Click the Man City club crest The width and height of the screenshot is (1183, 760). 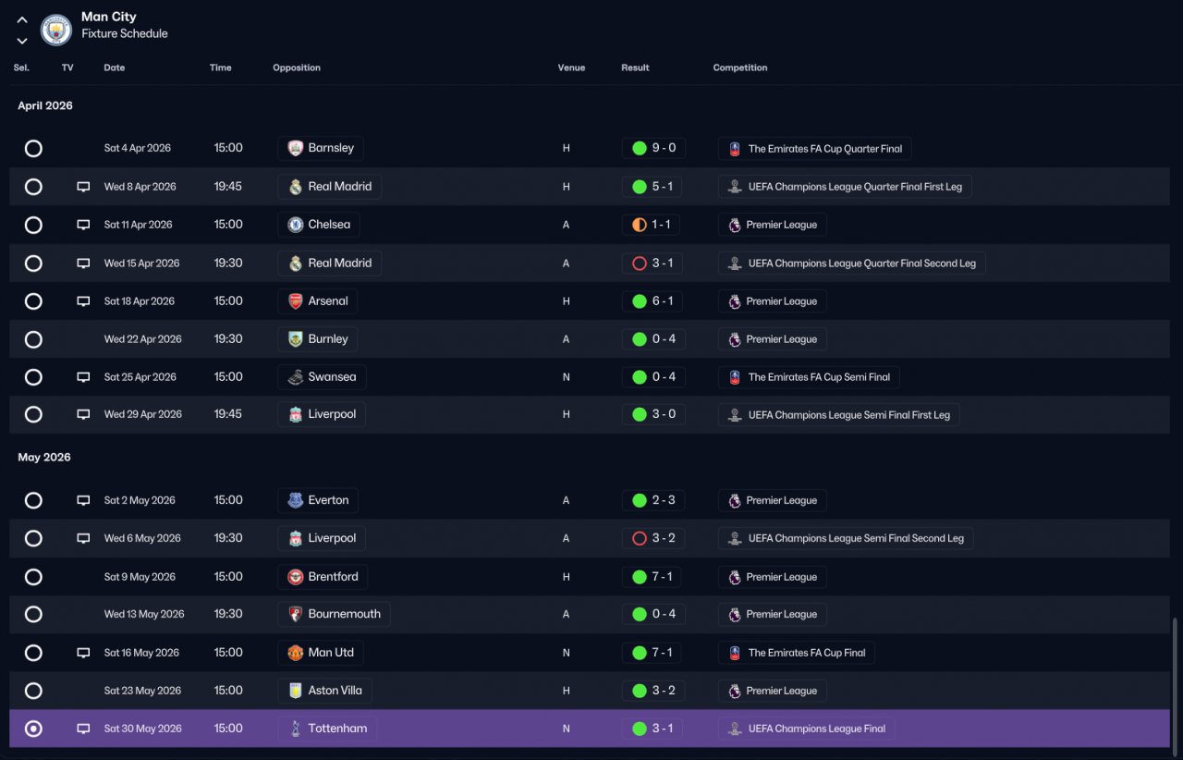[x=56, y=30]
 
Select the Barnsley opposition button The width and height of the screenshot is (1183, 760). [x=321, y=148]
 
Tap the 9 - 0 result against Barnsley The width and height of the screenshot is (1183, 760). [x=653, y=148]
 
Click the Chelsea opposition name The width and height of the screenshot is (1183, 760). [x=329, y=225]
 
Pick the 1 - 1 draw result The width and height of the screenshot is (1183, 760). [x=651, y=225]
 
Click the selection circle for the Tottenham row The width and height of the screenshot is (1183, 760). [x=33, y=729]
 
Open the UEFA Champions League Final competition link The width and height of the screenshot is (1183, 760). [x=806, y=729]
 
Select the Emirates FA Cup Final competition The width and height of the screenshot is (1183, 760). [x=796, y=653]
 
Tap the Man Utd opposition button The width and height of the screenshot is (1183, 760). [x=321, y=653]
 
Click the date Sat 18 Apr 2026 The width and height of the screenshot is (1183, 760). [x=139, y=301]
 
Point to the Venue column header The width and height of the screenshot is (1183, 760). [x=571, y=67]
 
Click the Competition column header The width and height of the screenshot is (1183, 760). [x=740, y=67]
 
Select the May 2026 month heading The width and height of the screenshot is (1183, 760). [x=44, y=457]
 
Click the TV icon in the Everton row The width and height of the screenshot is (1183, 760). [x=83, y=500]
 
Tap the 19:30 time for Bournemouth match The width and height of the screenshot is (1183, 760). [x=228, y=614]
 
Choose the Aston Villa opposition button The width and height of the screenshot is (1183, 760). [x=324, y=691]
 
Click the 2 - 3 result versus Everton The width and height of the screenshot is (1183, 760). [x=653, y=500]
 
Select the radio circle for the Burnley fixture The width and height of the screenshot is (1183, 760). [x=33, y=339]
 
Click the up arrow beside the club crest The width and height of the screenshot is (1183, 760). [x=21, y=20]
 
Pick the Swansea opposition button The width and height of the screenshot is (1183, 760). [x=322, y=377]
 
